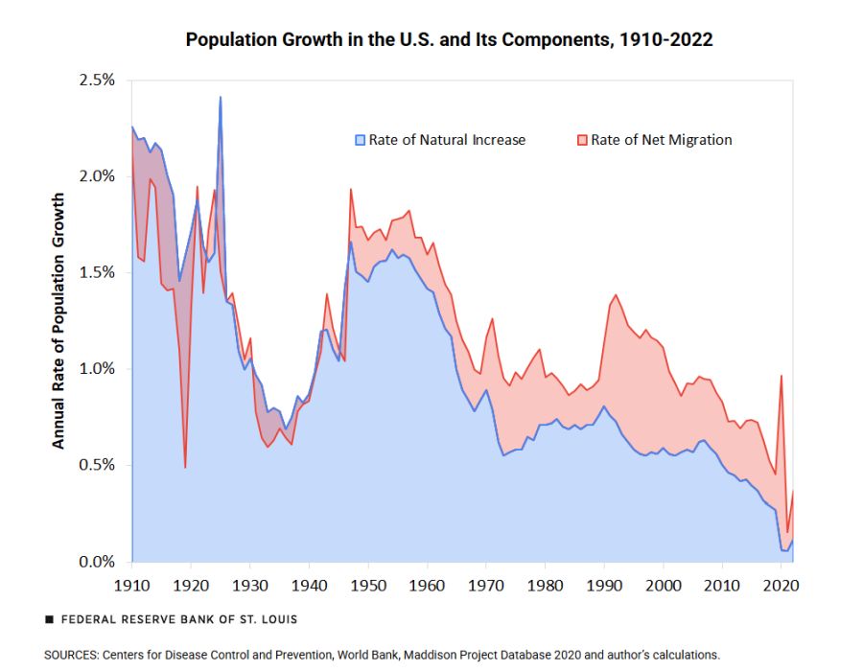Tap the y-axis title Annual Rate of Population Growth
(x=58, y=320)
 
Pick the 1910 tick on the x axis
(x=131, y=583)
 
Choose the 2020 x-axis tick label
(x=782, y=583)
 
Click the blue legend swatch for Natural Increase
(x=360, y=140)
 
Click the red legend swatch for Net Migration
(x=582, y=140)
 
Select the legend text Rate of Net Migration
(x=661, y=140)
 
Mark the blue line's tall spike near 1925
(x=221, y=97)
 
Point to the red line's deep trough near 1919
(x=185, y=467)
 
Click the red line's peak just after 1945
(x=351, y=189)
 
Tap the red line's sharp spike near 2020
(x=781, y=376)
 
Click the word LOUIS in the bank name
(x=277, y=619)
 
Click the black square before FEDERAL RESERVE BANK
(x=49, y=619)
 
